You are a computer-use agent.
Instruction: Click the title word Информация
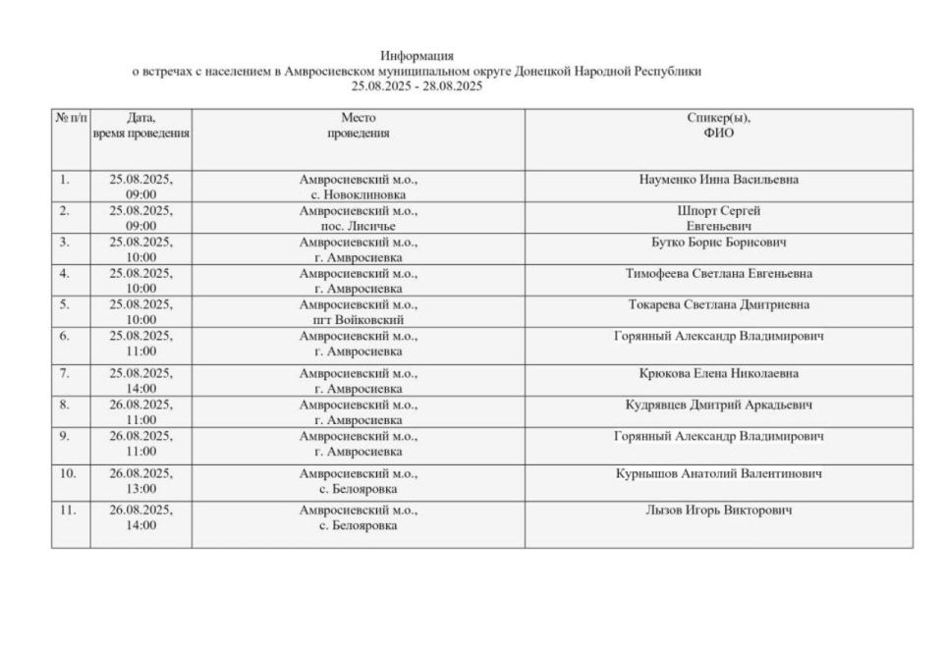pyautogui.click(x=416, y=56)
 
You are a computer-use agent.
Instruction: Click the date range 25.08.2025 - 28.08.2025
pyautogui.click(x=416, y=86)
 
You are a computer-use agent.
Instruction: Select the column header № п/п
pyautogui.click(x=70, y=118)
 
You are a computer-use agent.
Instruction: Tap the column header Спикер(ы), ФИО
pyautogui.click(x=718, y=126)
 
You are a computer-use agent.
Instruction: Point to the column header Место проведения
pyautogui.click(x=358, y=126)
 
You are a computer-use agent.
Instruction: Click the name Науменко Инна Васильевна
pyautogui.click(x=718, y=180)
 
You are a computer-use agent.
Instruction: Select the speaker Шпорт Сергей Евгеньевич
pyautogui.click(x=718, y=218)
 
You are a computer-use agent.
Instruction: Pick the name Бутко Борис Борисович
pyautogui.click(x=718, y=242)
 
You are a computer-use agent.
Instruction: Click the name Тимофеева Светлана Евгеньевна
pyautogui.click(x=718, y=273)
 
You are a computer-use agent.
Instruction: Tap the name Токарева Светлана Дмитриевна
pyautogui.click(x=718, y=304)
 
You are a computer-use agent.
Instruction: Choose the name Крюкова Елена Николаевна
pyautogui.click(x=718, y=373)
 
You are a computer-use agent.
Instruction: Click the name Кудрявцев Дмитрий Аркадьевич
pyautogui.click(x=718, y=405)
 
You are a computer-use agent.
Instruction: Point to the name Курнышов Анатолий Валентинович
pyautogui.click(x=718, y=473)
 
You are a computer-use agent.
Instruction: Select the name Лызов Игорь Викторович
pyautogui.click(x=718, y=511)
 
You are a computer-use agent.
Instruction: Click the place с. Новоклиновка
pyautogui.click(x=358, y=194)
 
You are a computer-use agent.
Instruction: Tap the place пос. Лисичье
pyautogui.click(x=358, y=226)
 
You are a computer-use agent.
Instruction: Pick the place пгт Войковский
pyautogui.click(x=358, y=319)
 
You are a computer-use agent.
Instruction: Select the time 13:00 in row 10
pyautogui.click(x=140, y=488)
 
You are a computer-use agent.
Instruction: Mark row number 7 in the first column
pyautogui.click(x=65, y=373)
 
